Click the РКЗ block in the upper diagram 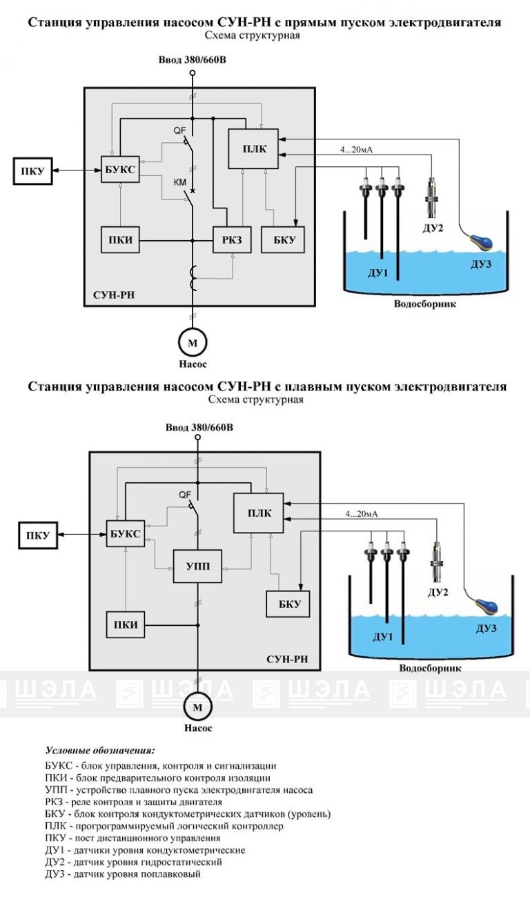(x=231, y=240)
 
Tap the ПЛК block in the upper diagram (x=254, y=150)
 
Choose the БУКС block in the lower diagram (x=126, y=534)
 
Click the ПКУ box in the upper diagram (x=33, y=171)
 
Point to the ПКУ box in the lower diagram (x=38, y=535)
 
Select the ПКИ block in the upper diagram (x=120, y=240)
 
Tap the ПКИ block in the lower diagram (x=125, y=625)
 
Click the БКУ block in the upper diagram (x=283, y=240)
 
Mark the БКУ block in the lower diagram (x=288, y=604)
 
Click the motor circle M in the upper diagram (x=193, y=342)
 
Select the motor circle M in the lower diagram (x=198, y=707)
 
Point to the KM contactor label (x=179, y=182)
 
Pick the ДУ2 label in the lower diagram (x=438, y=592)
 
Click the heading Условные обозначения (x=99, y=750)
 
